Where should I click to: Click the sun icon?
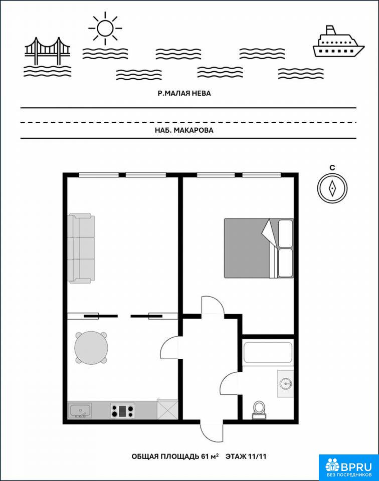(105, 28)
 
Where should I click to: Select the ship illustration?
(338, 42)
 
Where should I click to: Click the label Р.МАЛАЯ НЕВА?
(184, 93)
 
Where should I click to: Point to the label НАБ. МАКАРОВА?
(184, 130)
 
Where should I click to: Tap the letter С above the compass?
(332, 167)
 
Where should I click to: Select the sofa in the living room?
(81, 248)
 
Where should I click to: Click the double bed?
(259, 248)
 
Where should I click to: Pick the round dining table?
(91, 348)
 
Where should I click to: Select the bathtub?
(267, 352)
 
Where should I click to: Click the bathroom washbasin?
(286, 384)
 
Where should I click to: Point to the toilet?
(259, 410)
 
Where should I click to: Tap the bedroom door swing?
(213, 305)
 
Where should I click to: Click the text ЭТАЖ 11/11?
(246, 456)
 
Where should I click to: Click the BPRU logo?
(348, 467)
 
